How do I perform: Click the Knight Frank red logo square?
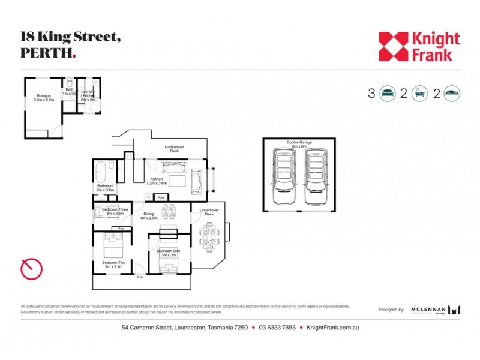point(393,47)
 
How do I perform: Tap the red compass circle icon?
point(31,269)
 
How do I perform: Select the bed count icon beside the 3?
point(388,93)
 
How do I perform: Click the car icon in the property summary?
point(452,93)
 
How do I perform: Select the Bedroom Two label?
point(113,263)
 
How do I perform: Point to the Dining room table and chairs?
point(169,211)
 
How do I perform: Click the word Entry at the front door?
point(140,277)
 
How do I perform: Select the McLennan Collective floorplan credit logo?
point(436,310)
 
